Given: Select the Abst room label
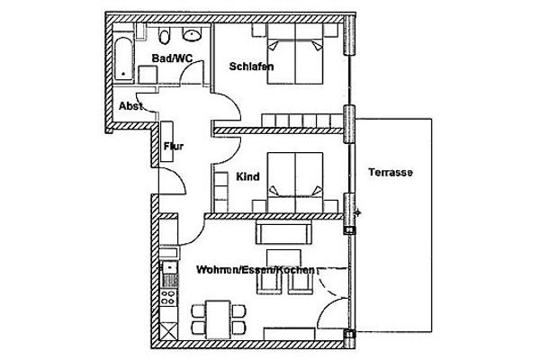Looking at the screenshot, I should pos(130,105).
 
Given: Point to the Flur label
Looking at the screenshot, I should pos(174,145).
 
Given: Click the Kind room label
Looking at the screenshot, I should pos(247,177).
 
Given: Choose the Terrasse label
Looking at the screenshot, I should pos(391,173).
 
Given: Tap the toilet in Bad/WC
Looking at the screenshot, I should pos(164,37).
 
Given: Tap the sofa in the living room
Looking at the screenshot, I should pos(284,234).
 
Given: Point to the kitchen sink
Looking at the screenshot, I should pos(166,267).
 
